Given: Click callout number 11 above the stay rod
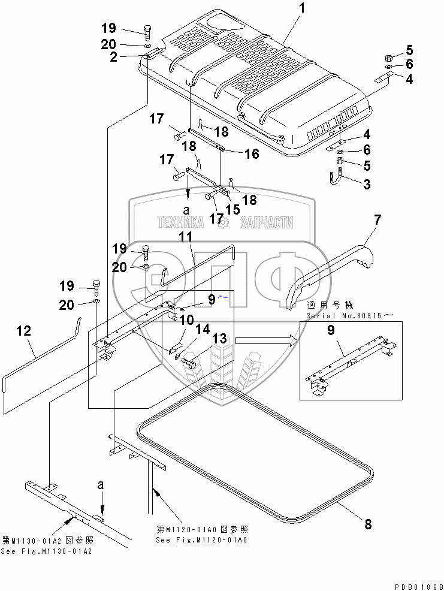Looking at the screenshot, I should (186, 238).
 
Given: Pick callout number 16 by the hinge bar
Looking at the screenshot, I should (251, 154).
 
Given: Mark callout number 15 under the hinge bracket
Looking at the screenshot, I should (232, 209).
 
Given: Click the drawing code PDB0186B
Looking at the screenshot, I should (418, 586).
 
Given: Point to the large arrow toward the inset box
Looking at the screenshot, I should (266, 341).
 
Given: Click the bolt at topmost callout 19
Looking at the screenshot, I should (146, 31).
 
